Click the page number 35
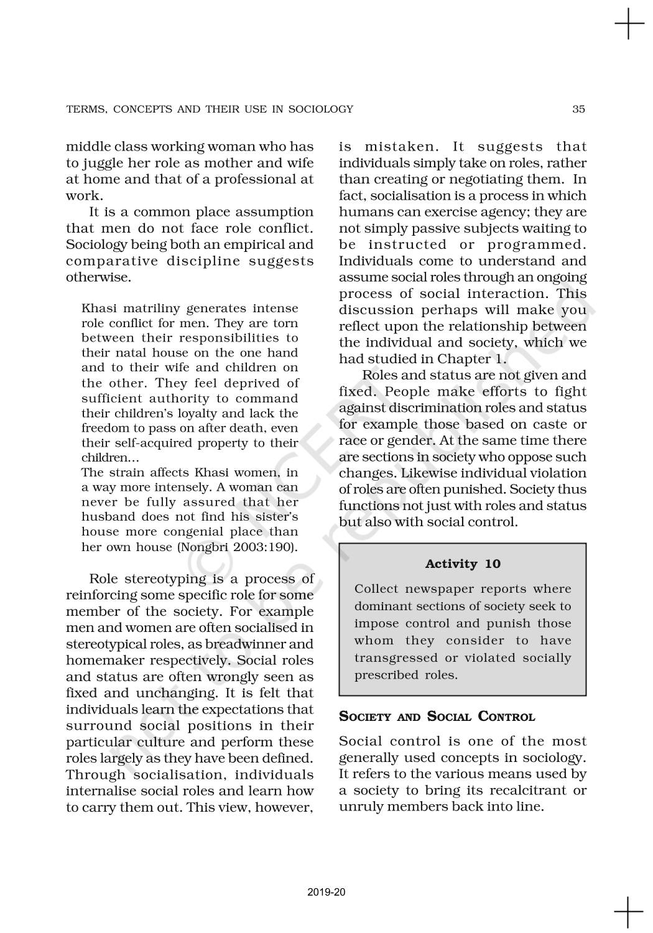pos(578,109)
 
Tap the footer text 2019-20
pos(327,893)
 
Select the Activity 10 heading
pos(463,564)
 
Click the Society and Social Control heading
pos(437,717)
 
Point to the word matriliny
pos(151,309)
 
